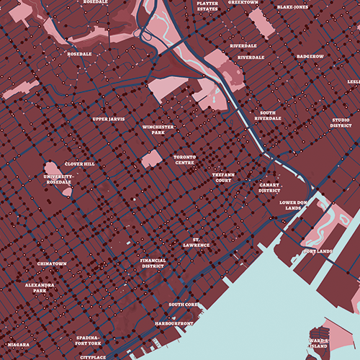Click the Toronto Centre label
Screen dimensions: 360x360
[185, 159]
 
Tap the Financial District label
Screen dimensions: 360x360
[153, 263]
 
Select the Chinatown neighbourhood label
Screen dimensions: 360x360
[52, 264]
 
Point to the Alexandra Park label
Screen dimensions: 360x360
[40, 287]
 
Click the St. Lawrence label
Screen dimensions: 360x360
[195, 242]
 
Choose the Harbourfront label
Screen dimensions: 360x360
[174, 324]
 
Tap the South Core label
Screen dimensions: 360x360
[183, 305]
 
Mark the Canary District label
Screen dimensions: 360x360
[269, 187]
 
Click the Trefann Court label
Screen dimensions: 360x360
[226, 177]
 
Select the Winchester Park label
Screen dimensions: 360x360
[153, 130]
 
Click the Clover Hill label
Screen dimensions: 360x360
[80, 164]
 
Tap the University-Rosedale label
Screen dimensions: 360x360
[59, 179]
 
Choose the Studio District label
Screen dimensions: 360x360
[341, 122]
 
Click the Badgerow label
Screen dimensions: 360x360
[310, 55]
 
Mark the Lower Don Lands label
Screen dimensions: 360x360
[294, 206]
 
